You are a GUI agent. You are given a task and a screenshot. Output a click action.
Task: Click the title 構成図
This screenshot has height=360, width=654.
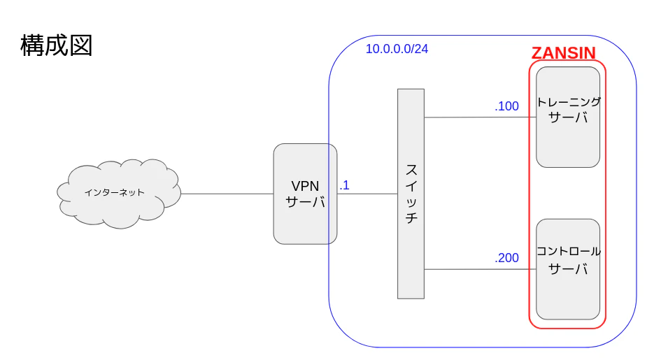pos(57,45)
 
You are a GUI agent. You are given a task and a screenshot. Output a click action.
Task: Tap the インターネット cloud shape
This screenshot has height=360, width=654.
pos(119,194)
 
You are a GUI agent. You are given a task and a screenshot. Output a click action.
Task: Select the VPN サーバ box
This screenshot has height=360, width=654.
pos(305,194)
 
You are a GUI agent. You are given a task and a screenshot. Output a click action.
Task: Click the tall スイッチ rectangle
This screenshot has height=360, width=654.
pos(411,194)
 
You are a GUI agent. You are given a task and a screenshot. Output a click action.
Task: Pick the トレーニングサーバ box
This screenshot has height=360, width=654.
pos(568,117)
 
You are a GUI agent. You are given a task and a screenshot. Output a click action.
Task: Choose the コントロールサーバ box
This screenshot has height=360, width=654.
pos(568,269)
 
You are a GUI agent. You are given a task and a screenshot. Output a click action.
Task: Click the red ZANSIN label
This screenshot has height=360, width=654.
pos(564,53)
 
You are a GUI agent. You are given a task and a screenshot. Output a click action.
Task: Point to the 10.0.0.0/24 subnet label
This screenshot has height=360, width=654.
pos(397,49)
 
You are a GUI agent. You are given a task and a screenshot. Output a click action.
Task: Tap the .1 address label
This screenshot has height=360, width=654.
pos(344,185)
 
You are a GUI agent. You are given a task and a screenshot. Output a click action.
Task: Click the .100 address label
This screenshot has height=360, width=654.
pos(507,106)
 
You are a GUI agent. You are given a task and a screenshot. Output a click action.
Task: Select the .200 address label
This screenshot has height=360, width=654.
pos(507,258)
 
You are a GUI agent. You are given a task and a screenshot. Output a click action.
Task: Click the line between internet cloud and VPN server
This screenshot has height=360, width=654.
pos(227,194)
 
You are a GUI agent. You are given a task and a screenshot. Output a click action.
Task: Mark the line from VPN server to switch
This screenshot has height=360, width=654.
pos(367,194)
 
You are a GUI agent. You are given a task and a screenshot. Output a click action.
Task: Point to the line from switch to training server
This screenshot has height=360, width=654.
pos(480,117)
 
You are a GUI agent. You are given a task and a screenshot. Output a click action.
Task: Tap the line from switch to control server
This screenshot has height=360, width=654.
pos(480,270)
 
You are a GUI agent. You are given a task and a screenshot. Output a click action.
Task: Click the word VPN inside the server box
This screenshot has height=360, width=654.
pos(305,186)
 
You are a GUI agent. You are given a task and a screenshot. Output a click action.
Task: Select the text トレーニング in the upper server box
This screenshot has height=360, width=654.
pos(568,102)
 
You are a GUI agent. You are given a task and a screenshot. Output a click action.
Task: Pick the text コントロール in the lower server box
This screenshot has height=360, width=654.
pos(568,251)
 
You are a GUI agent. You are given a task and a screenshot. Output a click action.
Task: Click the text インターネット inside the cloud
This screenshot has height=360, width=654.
pos(114,192)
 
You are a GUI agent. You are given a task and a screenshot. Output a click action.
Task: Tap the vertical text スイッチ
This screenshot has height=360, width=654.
pos(411,194)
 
